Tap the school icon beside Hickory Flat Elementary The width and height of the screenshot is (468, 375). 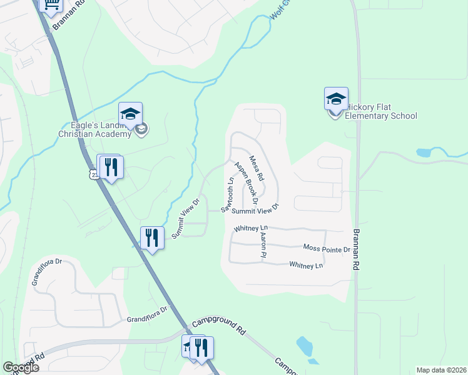tap(336, 99)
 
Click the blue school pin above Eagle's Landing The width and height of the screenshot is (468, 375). tap(130, 114)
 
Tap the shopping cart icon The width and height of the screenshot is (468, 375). tap(50, 5)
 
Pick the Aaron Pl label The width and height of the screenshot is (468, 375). tap(263, 243)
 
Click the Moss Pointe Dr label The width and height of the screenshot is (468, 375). tap(326, 249)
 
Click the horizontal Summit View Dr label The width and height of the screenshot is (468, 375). tap(254, 211)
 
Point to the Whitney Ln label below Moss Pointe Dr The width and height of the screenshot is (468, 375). tap(306, 266)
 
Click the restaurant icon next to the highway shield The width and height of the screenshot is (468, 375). tap(111, 167)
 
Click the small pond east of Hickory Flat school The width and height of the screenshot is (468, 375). tap(424, 152)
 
